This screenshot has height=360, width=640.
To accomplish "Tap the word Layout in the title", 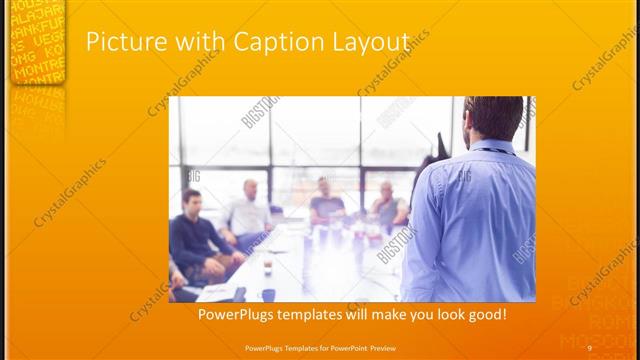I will click(369, 43).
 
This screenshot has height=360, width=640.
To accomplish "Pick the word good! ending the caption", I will click(487, 314).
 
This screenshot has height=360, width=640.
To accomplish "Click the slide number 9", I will click(590, 348).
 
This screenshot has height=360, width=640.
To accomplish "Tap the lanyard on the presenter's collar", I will click(490, 150).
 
